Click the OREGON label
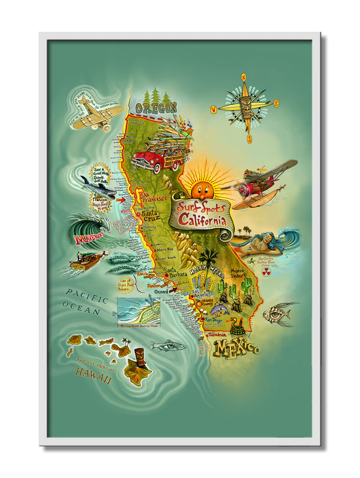pos(156,108)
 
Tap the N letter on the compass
pos(244,77)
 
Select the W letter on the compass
pos(213,109)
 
